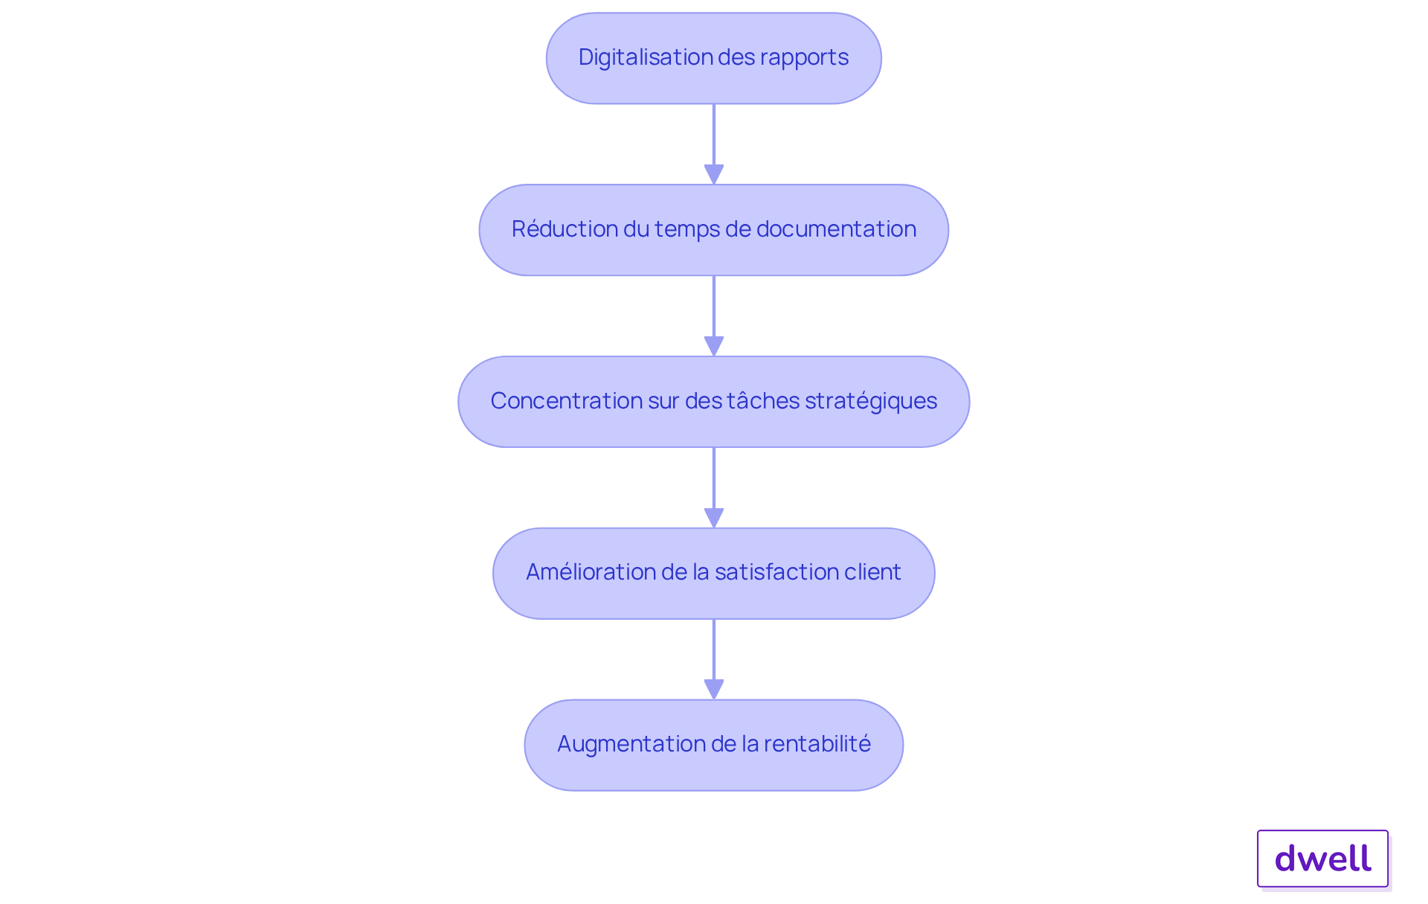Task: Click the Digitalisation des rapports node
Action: (x=714, y=58)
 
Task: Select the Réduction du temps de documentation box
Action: (x=714, y=230)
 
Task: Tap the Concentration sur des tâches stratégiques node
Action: (x=714, y=402)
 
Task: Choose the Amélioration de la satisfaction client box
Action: (x=714, y=574)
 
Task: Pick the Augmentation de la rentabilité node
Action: (x=714, y=745)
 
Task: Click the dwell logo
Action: (x=1323, y=859)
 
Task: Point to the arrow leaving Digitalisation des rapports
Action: (x=714, y=144)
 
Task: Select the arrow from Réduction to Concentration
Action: (x=714, y=316)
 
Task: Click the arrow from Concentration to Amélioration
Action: (x=714, y=488)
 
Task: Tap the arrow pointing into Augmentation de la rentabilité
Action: (x=714, y=659)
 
